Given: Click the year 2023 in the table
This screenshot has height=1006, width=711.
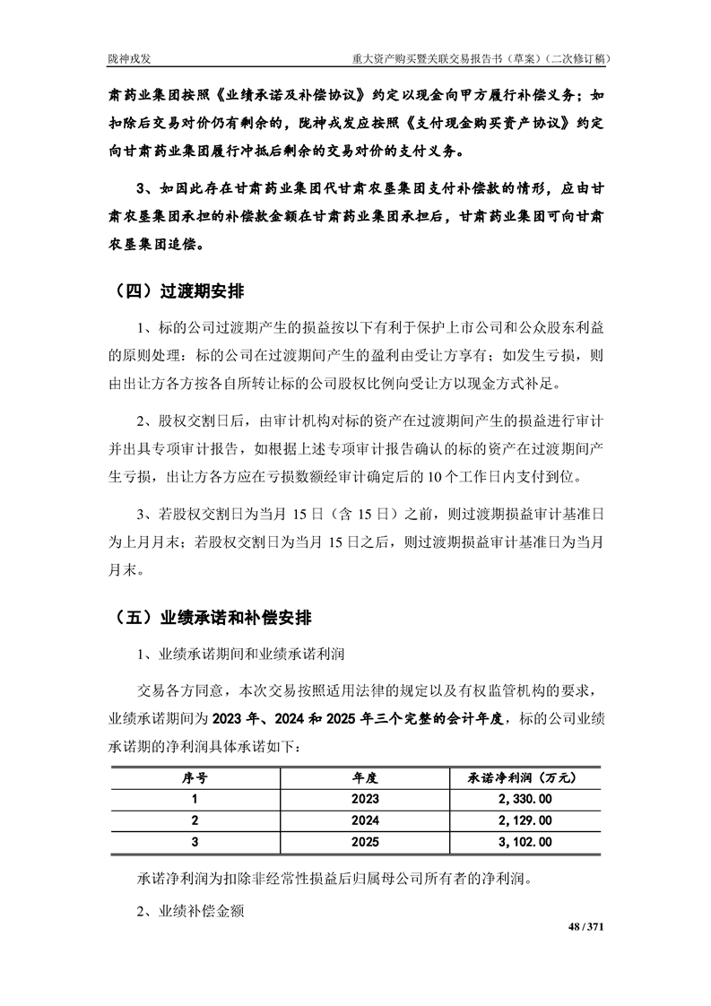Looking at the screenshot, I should (365, 799).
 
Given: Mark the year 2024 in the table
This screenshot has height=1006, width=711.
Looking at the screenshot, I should (365, 820).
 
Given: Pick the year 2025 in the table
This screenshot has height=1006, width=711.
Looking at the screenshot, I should (365, 842).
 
